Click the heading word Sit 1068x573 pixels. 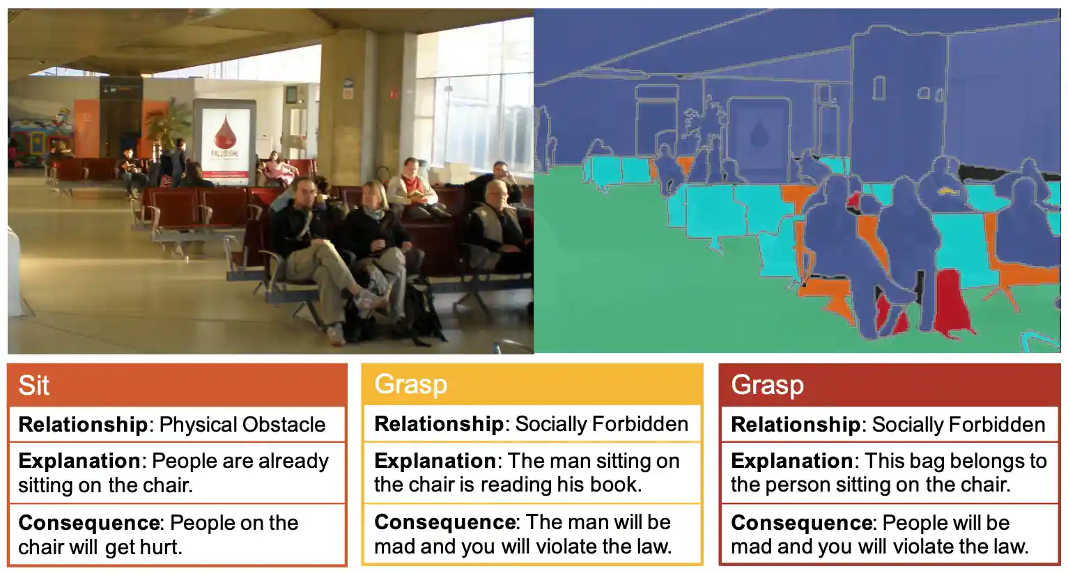tap(33, 385)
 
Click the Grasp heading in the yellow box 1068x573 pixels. tap(410, 385)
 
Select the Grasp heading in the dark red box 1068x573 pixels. tap(767, 385)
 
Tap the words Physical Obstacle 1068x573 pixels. tap(242, 425)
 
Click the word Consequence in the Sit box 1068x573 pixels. tap(89, 523)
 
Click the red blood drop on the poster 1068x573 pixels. tap(224, 132)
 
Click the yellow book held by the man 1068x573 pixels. tap(416, 194)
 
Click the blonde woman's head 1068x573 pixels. tap(374, 194)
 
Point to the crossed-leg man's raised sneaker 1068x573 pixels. tap(369, 299)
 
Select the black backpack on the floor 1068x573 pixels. tap(419, 312)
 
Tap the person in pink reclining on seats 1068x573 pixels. tap(279, 170)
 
